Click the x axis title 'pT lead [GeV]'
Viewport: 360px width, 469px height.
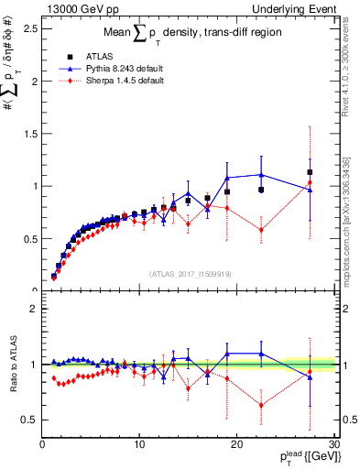[x=301, y=459]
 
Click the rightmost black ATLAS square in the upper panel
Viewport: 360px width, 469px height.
[x=310, y=172]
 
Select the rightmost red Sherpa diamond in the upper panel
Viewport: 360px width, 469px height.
[x=310, y=183]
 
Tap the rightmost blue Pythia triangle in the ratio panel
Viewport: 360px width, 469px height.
[x=310, y=376]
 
